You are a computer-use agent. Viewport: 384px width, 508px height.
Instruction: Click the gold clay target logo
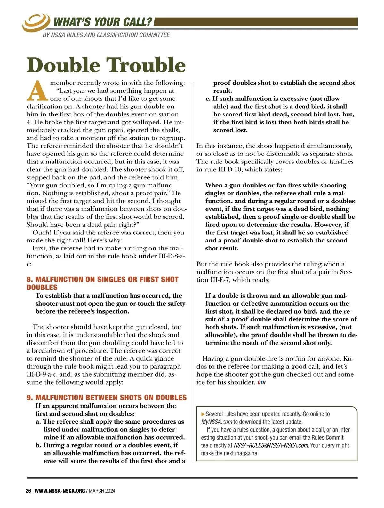pos(36,23)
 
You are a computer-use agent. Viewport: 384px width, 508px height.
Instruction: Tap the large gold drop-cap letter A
pos(37,91)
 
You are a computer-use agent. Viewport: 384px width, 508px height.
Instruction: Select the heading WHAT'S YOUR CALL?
pos(103,22)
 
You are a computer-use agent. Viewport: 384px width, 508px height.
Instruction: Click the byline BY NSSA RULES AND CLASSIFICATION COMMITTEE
pos(106,35)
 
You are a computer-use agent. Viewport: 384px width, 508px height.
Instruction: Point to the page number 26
pos(28,491)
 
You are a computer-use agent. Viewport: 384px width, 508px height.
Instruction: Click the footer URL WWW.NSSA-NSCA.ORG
pos(60,491)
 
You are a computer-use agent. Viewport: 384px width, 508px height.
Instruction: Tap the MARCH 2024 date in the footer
pos(102,491)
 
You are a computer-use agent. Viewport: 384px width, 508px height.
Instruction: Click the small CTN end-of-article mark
pos(261,383)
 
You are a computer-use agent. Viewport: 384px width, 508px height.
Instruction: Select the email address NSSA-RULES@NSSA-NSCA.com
pos(271,445)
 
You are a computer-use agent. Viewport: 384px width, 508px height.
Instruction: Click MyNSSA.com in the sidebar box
pos(216,422)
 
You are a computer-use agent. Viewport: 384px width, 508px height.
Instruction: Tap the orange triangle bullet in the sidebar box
pos(203,414)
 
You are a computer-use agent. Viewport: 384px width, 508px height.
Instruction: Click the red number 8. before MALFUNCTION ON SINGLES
pos(30,279)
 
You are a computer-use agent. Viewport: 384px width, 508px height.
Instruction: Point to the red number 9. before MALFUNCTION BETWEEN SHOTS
pos(30,398)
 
